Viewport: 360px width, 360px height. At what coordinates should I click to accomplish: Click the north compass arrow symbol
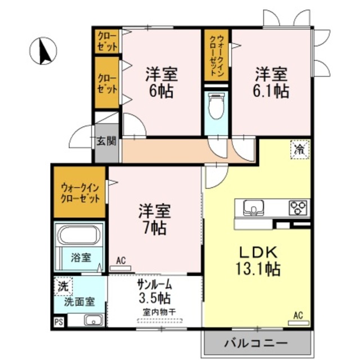43,51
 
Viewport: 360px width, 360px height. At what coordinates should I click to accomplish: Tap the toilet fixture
216,106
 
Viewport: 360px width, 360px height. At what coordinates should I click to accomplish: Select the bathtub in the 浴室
79,235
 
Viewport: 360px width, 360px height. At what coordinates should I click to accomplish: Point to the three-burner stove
298,208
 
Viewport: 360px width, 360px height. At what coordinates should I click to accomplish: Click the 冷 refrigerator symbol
300,150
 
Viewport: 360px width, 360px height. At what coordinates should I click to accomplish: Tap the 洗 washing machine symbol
64,286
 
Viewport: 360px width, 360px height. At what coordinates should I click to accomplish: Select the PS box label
58,322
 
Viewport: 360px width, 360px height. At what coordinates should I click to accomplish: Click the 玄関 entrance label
106,141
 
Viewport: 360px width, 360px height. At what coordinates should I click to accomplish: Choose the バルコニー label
256,344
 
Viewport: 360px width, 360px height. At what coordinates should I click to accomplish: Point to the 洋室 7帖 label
154,219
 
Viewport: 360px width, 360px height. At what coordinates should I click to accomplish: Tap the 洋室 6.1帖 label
271,83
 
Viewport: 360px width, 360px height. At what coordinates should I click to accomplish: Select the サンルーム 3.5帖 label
154,292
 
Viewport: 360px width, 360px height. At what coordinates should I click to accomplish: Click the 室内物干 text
159,312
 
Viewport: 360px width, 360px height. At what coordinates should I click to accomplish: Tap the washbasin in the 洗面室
94,320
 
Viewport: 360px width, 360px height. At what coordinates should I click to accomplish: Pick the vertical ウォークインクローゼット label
217,55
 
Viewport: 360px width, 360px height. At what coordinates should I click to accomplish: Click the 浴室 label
81,258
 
